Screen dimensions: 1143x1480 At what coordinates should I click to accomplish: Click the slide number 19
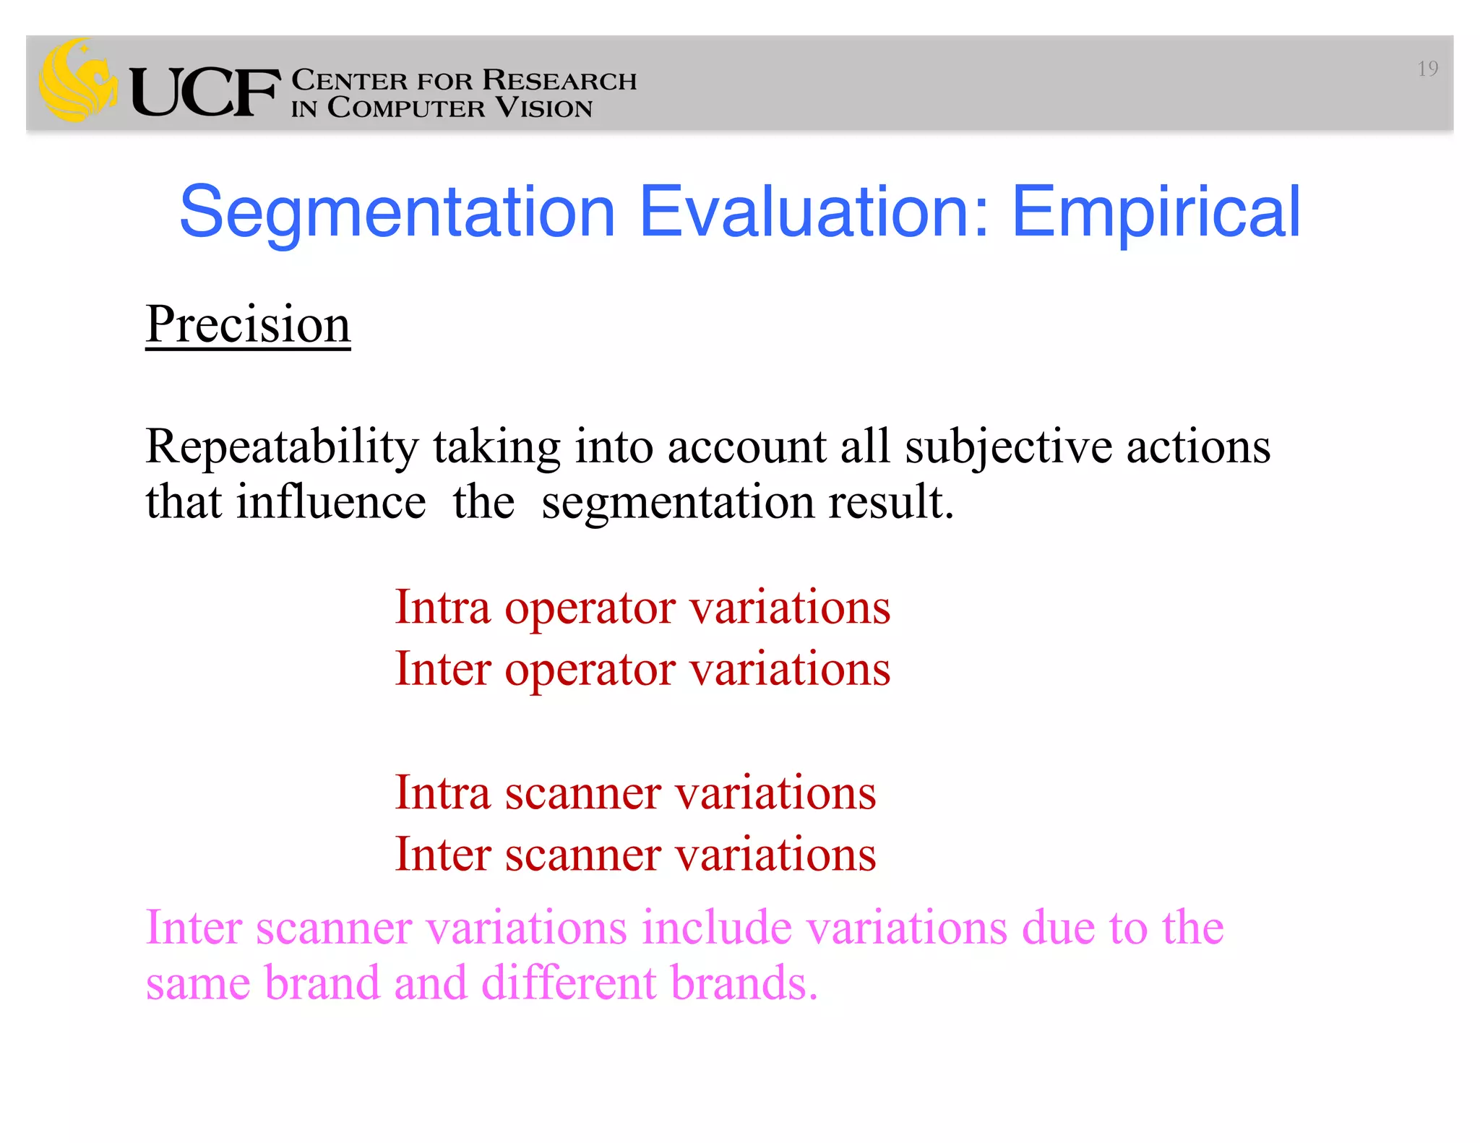pos(1427,69)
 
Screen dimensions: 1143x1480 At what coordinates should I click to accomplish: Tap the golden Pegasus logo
pos(77,81)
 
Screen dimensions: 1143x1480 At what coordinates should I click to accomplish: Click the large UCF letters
pos(205,92)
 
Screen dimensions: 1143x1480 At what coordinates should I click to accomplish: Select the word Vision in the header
pos(543,108)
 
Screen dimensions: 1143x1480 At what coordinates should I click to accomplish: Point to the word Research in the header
pos(559,80)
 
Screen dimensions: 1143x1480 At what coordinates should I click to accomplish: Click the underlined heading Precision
pos(248,324)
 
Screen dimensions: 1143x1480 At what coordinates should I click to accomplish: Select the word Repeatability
pos(282,447)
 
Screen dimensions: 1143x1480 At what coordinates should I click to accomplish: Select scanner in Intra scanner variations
pos(582,793)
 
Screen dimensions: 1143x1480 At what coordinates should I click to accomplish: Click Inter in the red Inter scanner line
pos(442,854)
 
